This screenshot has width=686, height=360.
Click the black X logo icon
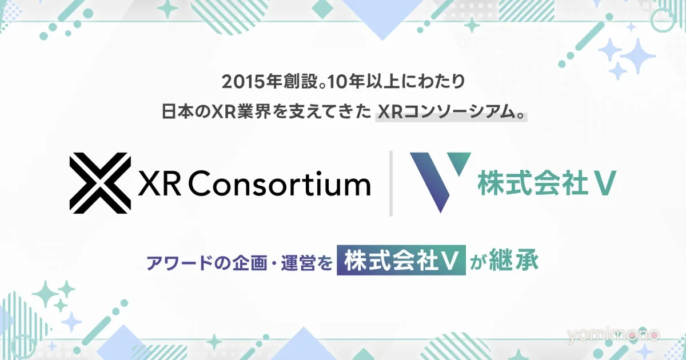coord(100,183)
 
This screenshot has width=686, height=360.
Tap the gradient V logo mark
coord(440,182)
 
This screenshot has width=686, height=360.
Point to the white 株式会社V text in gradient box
coord(401,261)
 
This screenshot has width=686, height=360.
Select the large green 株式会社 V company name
coord(547,183)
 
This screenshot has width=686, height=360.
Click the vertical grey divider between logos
coord(391,183)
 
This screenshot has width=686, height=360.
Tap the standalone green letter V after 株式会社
coord(605,183)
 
